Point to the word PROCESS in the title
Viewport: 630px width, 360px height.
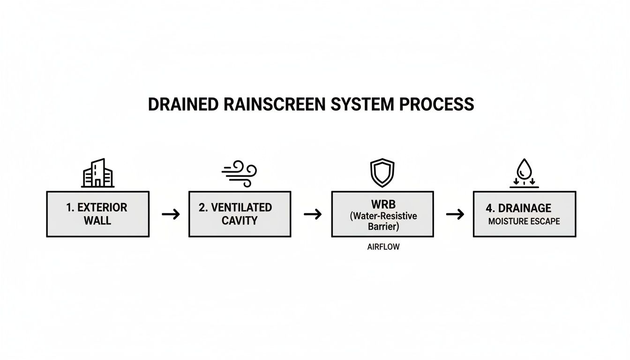(x=436, y=105)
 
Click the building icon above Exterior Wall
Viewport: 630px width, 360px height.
(x=97, y=173)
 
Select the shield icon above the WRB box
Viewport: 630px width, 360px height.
(x=382, y=173)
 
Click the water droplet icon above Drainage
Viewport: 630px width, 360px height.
(x=524, y=174)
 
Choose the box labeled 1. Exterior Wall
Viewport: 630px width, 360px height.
(x=97, y=214)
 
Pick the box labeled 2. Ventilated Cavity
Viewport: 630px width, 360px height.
(x=240, y=214)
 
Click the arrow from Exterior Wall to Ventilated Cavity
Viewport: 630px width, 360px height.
(x=171, y=214)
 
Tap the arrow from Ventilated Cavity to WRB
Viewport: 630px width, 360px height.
(x=313, y=214)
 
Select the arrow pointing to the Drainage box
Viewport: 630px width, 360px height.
(x=455, y=214)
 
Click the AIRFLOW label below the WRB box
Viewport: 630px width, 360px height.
(x=383, y=247)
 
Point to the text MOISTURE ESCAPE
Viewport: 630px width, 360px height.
(x=524, y=221)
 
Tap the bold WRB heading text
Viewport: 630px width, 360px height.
(x=382, y=204)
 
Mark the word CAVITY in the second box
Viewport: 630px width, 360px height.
(x=239, y=220)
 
